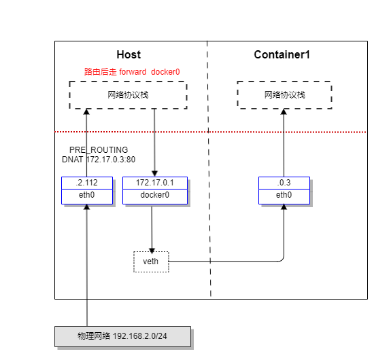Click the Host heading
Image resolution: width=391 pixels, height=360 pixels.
pos(129,54)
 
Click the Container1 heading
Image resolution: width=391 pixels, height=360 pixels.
pos(282,54)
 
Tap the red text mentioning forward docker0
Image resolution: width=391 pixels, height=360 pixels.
pos(132,72)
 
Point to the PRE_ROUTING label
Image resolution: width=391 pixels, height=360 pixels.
pos(99,149)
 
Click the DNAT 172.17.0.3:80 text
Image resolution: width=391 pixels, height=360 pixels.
pos(99,160)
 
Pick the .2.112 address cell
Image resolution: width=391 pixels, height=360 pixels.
pos(87,183)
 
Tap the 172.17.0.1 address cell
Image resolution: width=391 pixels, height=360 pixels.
pos(155,183)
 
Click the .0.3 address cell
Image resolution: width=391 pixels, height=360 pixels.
pos(284,183)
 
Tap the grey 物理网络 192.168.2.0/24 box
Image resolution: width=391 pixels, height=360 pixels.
pos(122,336)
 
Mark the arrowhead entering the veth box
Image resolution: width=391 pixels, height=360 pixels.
pos(152,250)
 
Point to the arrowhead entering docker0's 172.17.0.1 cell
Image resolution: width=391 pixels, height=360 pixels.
pos(154,174)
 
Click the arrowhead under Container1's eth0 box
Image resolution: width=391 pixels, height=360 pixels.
pos(284,207)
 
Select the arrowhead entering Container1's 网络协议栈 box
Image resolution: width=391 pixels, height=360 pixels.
pos(284,112)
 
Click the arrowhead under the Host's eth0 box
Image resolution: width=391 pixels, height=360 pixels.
pos(86,207)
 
